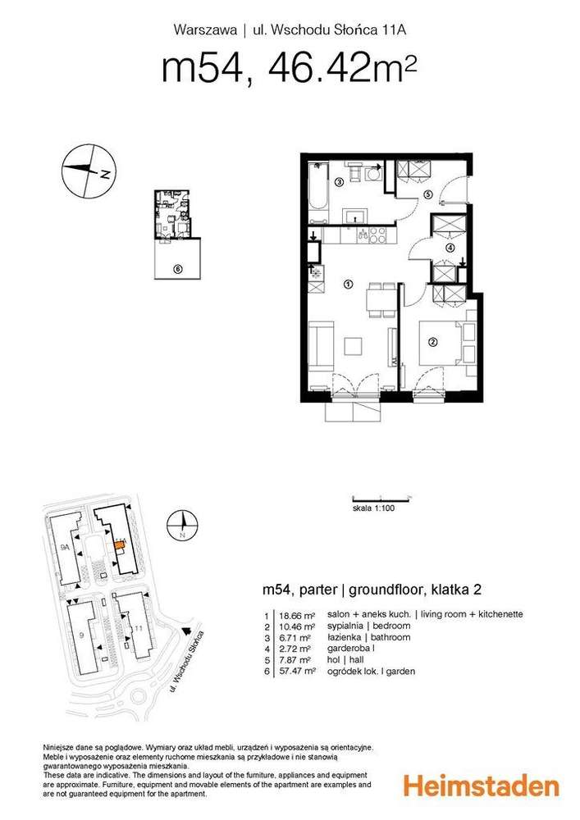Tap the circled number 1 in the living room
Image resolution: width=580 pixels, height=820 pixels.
(348, 285)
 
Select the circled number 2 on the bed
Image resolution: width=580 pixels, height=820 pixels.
(434, 342)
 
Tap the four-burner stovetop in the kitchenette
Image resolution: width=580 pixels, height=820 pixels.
(379, 235)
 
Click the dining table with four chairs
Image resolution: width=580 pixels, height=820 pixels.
(378, 298)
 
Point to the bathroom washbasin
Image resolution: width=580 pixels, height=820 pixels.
(354, 216)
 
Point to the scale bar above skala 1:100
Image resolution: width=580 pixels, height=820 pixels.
(381, 498)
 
